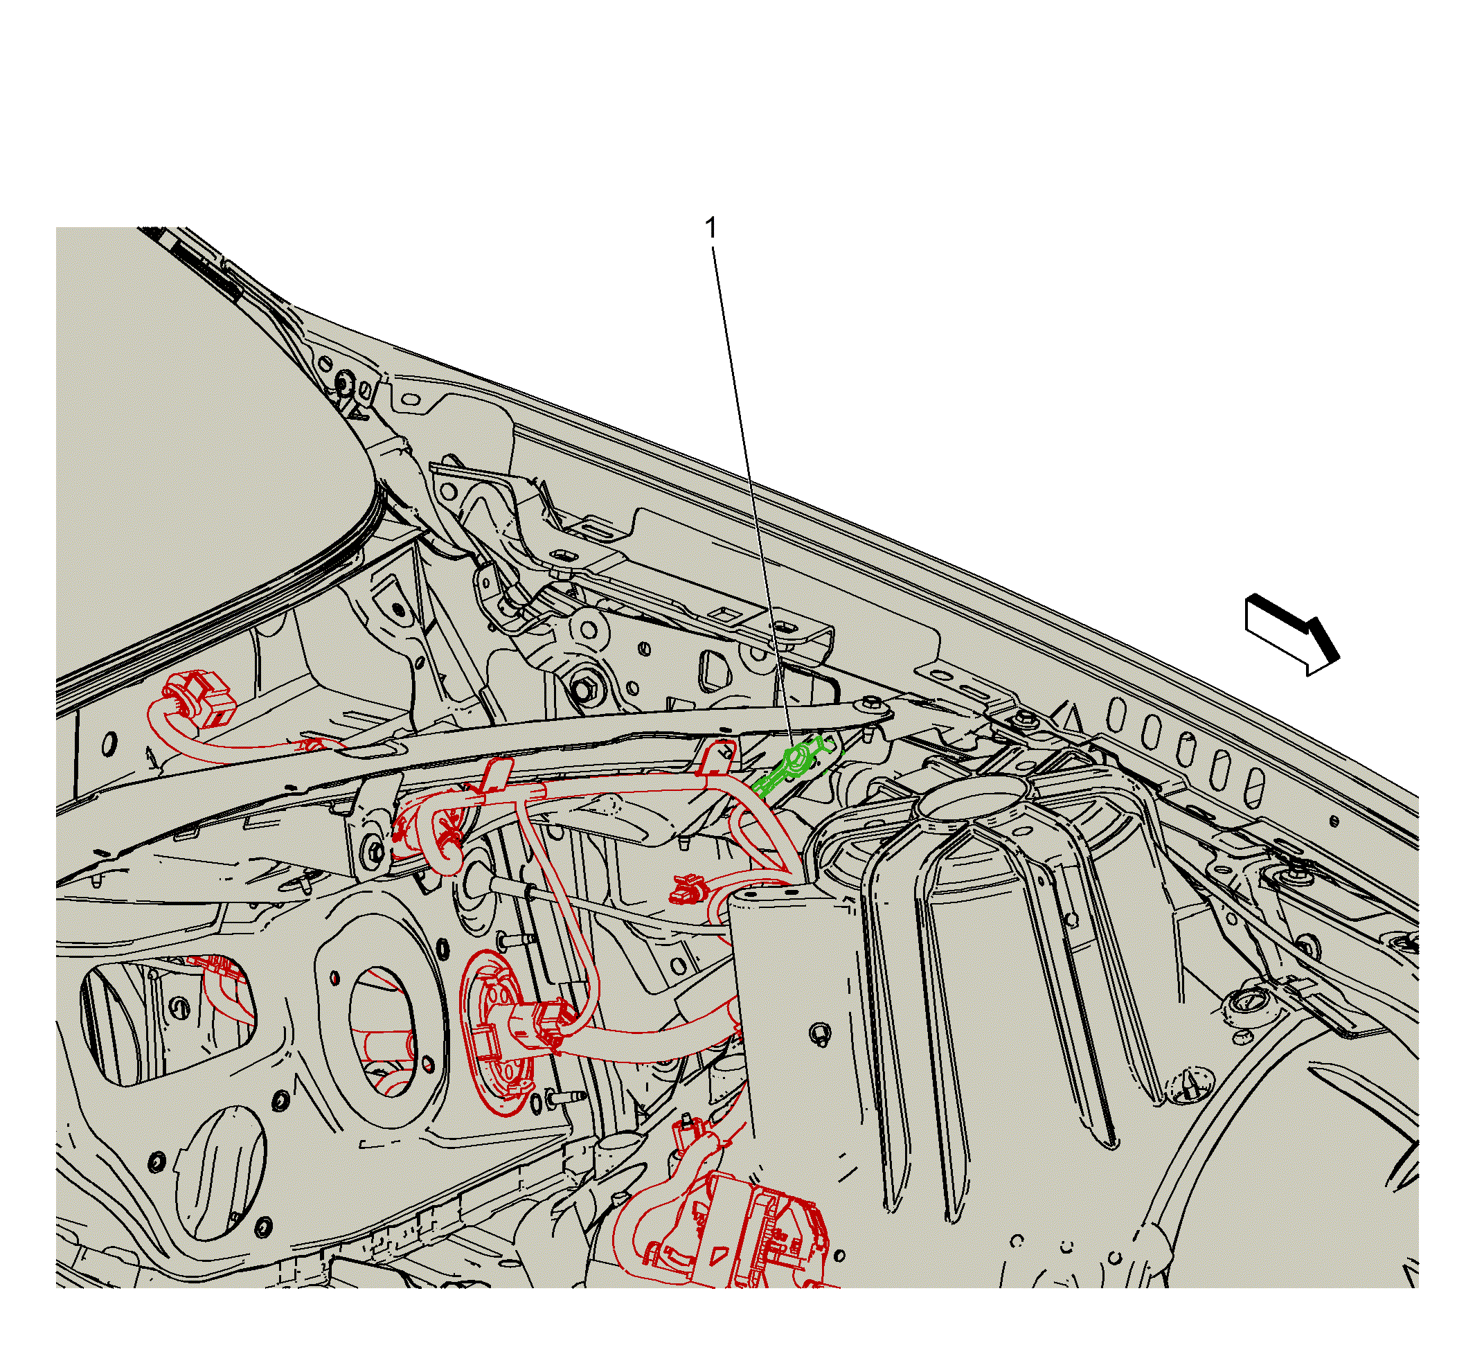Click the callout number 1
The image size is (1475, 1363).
[711, 229]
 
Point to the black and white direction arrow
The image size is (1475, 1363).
[1291, 634]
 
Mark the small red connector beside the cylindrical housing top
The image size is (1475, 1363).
[686, 890]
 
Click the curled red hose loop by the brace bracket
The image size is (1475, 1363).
[436, 833]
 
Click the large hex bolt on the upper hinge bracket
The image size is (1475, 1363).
[582, 691]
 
